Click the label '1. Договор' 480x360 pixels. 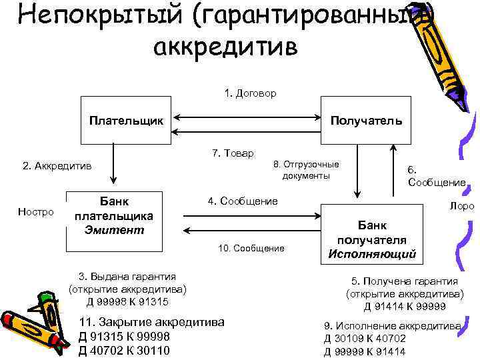(x=251, y=93)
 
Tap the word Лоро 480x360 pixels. (x=462, y=206)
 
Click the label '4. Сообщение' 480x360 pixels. (x=243, y=201)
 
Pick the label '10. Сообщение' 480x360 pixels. (x=251, y=248)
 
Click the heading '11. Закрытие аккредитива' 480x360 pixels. (x=151, y=323)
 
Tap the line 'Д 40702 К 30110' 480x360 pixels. (x=124, y=351)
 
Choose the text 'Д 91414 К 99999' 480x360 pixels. (x=405, y=306)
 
